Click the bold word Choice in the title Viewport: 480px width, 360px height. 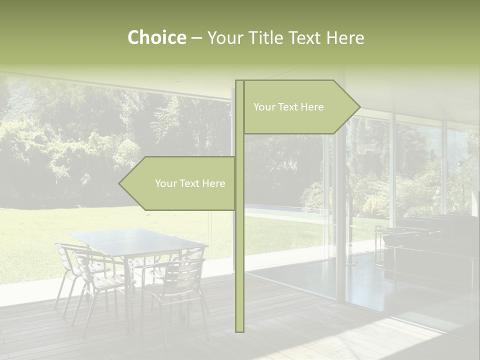pyautogui.click(x=156, y=37)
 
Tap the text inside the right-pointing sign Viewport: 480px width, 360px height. pyautogui.click(x=288, y=107)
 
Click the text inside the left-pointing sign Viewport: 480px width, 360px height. pyautogui.click(x=190, y=183)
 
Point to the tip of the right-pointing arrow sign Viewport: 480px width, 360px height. pyautogui.click(x=359, y=106)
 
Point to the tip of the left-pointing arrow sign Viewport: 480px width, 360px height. pyautogui.click(x=119, y=183)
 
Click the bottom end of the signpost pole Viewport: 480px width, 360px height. pyautogui.click(x=239, y=330)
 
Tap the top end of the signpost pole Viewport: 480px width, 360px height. pyautogui.click(x=239, y=81)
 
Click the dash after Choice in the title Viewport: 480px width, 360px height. pyautogui.click(x=196, y=38)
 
